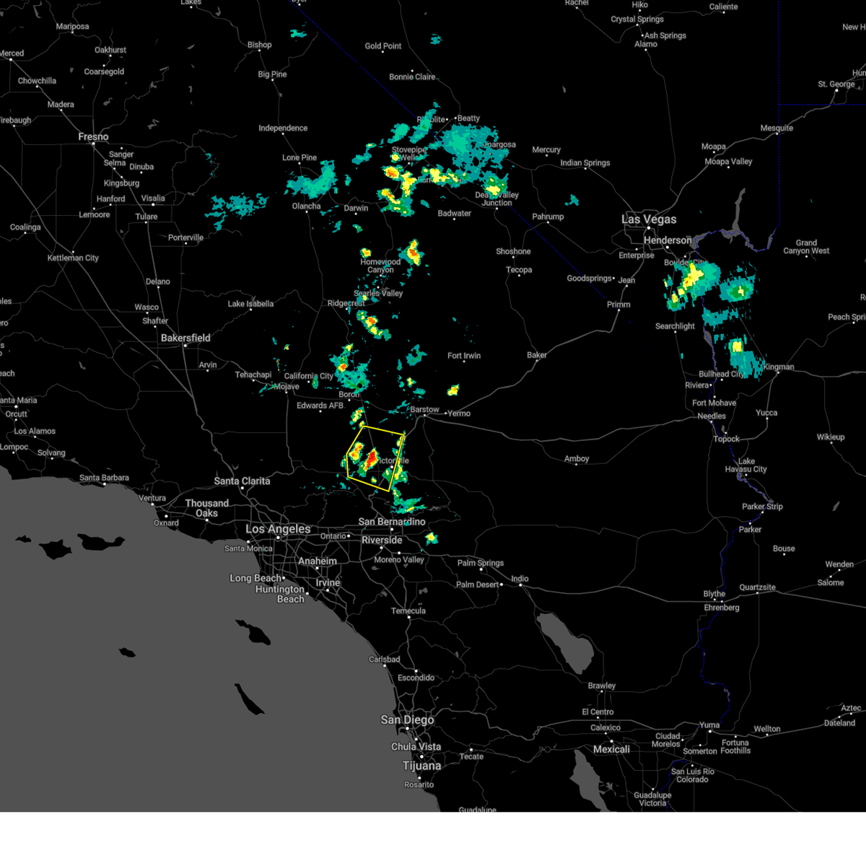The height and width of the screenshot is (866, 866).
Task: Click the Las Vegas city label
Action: point(649,219)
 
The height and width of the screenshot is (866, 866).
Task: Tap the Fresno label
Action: point(93,136)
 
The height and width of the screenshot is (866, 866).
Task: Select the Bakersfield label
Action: point(185,338)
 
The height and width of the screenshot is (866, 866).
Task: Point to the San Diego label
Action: point(407,720)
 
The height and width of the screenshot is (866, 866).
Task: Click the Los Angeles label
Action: point(278,529)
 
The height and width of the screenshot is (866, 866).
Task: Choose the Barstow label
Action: point(424,409)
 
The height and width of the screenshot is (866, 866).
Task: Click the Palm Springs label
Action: point(481,563)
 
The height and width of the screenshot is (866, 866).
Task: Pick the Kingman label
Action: point(778,367)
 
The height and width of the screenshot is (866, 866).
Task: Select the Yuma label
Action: point(709,725)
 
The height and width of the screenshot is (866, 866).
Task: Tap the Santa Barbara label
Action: point(104,478)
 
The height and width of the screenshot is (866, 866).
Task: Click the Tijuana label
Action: point(421,766)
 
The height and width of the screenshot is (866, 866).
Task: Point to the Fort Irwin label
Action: point(463,356)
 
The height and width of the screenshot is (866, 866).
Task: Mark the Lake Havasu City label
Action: point(745,465)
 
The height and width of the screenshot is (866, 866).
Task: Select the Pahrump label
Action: point(548,216)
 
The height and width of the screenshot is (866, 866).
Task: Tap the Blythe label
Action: point(714,594)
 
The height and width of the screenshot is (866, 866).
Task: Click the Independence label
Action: point(283,128)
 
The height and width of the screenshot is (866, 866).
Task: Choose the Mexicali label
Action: point(611,749)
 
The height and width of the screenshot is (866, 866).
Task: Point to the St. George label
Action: point(836,84)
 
